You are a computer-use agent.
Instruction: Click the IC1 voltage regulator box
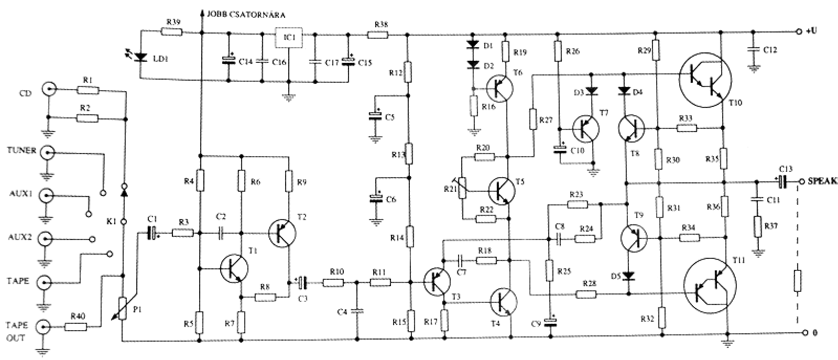pos(288,37)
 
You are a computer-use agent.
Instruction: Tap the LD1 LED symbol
pos(141,57)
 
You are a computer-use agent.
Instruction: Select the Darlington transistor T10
pos(705,80)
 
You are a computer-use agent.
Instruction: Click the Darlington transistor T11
pos(710,286)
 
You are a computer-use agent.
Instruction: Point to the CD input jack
pos(49,89)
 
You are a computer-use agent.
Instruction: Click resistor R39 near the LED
pos(172,32)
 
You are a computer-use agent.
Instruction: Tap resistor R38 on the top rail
pos(377,35)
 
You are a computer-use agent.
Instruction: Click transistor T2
pos(282,233)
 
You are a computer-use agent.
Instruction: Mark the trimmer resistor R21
pos(463,188)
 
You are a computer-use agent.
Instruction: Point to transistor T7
pos(586,129)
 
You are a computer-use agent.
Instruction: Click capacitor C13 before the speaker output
pos(782,182)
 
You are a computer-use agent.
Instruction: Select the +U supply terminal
pos(799,32)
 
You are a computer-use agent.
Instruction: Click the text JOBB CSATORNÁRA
pos(246,15)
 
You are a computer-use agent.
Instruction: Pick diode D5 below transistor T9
pos(628,276)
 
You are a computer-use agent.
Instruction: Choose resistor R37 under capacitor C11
pos(758,226)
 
